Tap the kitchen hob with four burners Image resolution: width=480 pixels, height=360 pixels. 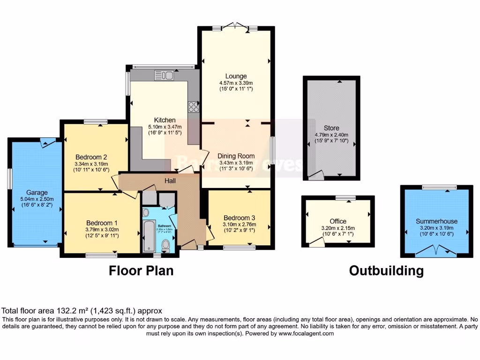(x=193, y=107)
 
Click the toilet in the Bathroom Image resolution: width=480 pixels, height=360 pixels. (x=165, y=245)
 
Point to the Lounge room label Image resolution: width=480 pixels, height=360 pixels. (x=236, y=76)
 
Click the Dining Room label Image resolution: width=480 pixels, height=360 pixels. (x=236, y=156)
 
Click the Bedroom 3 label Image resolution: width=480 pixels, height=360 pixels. (x=239, y=218)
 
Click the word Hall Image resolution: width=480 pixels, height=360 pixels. (x=170, y=180)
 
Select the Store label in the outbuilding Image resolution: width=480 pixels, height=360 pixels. (x=331, y=128)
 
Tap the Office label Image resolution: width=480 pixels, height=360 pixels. (x=338, y=221)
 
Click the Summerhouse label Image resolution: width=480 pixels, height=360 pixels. (x=436, y=221)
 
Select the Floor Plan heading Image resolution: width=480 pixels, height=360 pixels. (x=141, y=270)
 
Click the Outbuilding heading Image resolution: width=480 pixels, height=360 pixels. (x=386, y=270)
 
